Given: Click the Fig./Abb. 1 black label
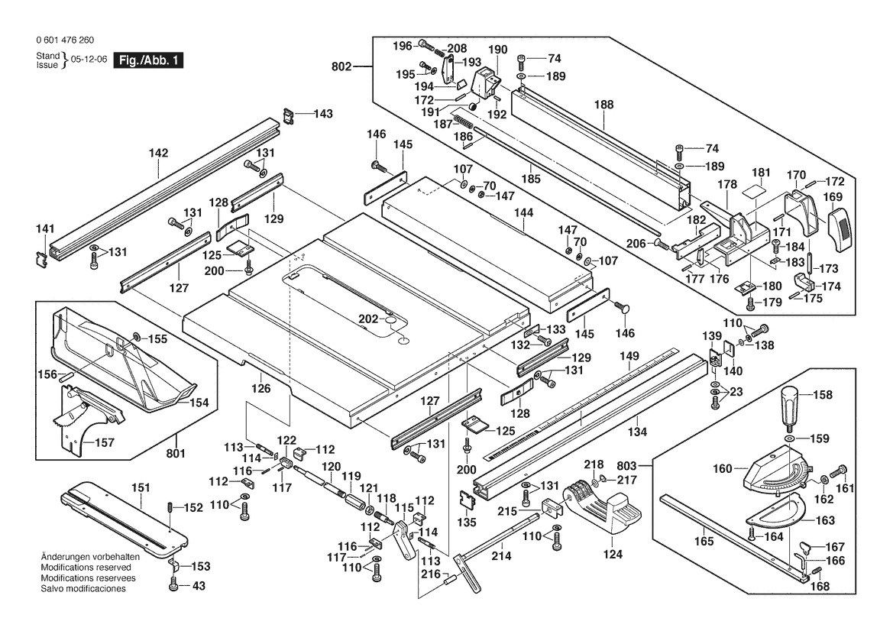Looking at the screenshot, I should point(148,60).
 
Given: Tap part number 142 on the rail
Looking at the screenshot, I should point(158,153).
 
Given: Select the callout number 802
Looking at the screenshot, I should point(342,67).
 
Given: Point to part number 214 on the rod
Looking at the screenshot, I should point(501,557).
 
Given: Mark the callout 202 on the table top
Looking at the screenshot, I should point(370,318).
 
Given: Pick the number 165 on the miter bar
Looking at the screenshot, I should point(704,542).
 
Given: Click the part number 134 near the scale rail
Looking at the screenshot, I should point(637,432).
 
